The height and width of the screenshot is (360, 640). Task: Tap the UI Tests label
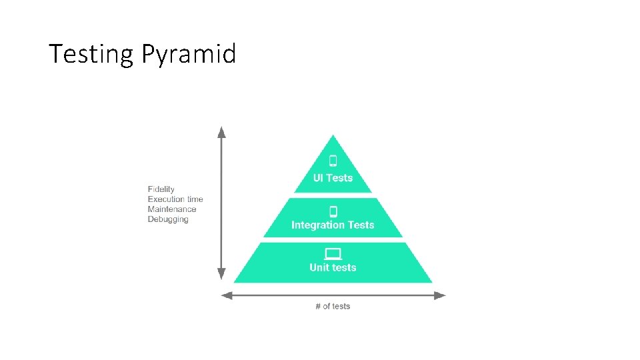click(333, 178)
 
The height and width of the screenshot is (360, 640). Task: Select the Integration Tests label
click(333, 225)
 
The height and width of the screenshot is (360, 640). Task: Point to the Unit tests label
click(333, 268)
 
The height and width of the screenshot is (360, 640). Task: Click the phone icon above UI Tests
click(333, 161)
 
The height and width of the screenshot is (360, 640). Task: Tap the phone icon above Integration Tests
click(333, 211)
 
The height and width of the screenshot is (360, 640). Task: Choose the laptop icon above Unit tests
click(333, 253)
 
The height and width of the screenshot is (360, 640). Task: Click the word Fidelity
click(161, 189)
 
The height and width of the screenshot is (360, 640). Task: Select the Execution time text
click(175, 199)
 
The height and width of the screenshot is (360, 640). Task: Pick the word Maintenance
click(172, 209)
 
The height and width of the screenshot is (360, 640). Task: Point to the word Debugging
click(168, 219)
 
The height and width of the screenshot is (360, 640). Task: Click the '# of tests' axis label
click(333, 307)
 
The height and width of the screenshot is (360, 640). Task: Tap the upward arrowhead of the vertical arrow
click(222, 131)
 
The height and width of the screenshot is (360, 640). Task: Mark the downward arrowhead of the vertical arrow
click(222, 275)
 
